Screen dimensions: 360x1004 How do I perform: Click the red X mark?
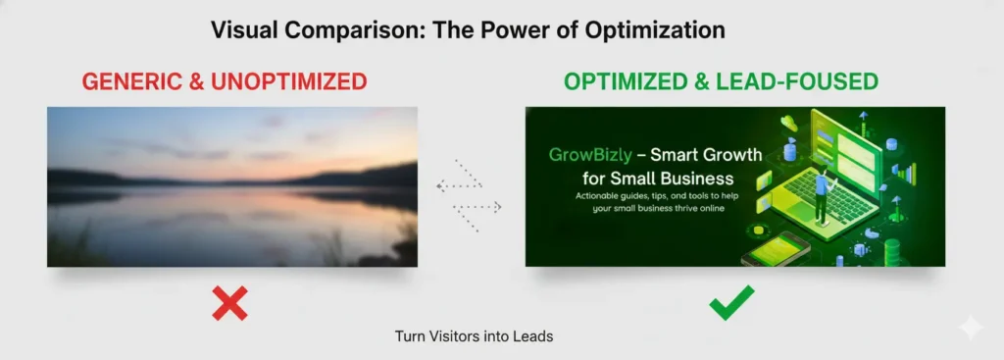229,303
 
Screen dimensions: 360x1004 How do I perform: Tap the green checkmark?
731,302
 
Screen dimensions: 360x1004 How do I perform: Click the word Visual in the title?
245,29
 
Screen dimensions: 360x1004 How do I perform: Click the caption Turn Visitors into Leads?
475,336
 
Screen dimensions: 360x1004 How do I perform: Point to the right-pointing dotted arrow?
480,207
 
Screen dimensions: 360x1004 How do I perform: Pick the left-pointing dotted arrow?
457,184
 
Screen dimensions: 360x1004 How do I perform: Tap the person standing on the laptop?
821,197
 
